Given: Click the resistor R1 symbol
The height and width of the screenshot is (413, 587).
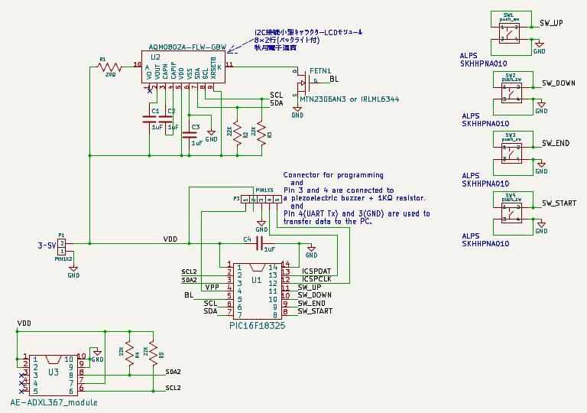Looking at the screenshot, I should coord(110,67).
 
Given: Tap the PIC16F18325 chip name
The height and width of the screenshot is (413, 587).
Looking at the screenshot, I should coord(257,324).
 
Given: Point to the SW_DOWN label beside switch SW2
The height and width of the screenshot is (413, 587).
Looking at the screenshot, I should coord(559,83).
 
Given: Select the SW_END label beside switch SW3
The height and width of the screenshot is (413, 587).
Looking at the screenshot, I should coord(556,143).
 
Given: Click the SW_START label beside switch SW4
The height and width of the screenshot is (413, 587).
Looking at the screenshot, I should coord(559,203).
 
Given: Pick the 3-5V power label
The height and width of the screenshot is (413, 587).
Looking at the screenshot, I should coord(47,246).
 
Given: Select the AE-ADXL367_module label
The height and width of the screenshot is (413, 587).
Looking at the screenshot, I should coord(54,402).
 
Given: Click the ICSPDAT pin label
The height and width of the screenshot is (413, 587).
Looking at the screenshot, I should coord(317,271).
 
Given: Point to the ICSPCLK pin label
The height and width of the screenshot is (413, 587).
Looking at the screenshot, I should coord(317,279).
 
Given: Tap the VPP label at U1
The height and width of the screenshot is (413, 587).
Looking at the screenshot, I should coord(212,287).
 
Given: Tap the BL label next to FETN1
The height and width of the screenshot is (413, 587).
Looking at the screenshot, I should coord(333,79).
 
